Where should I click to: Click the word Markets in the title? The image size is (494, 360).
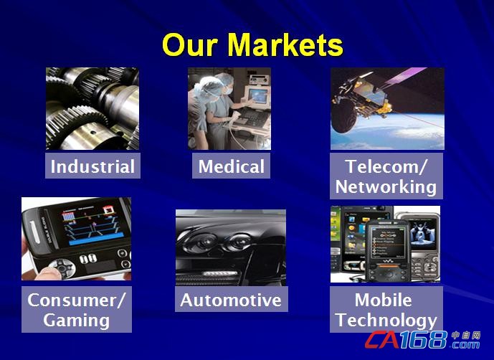point(285,44)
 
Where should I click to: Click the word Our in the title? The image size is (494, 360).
point(190,45)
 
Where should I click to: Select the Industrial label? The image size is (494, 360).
point(92,166)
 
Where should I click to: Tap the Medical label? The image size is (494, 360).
point(232,166)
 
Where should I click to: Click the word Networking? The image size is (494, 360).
point(386,186)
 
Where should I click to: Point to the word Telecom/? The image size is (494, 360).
point(386,166)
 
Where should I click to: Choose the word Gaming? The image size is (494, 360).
point(77,321)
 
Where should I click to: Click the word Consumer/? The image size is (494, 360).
point(77,300)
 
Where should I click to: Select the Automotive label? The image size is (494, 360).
point(232,300)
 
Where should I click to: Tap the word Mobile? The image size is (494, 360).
point(383,300)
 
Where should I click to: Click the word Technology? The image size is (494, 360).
point(386,321)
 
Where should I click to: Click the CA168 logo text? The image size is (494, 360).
point(406,340)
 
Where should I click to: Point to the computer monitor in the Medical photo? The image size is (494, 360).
point(258,96)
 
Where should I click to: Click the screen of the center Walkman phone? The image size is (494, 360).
point(387,243)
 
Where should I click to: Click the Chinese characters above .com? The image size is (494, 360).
point(465,335)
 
